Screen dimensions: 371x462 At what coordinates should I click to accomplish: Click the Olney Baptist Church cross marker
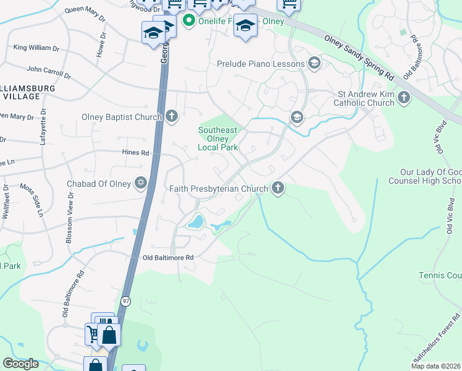pyautogui.click(x=172, y=116)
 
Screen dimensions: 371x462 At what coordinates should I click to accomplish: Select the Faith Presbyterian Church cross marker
pyautogui.click(x=278, y=188)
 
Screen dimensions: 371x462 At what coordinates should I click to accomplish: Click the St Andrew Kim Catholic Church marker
pyautogui.click(x=404, y=98)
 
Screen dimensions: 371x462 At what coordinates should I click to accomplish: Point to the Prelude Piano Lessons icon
pyautogui.click(x=314, y=63)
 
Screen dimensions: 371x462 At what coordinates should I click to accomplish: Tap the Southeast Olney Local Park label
pyautogui.click(x=217, y=139)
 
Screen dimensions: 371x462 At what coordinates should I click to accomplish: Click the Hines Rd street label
pyautogui.click(x=136, y=153)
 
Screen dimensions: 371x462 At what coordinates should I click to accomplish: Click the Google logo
pyautogui.click(x=20, y=364)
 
